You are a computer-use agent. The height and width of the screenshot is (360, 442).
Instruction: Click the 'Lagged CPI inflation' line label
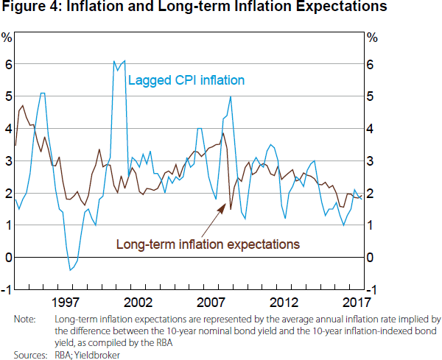(186, 80)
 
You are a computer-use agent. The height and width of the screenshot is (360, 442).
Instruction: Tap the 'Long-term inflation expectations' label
(208, 242)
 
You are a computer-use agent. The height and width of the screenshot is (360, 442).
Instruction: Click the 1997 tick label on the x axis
(66, 303)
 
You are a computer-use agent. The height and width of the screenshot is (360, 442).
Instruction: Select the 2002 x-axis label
(138, 303)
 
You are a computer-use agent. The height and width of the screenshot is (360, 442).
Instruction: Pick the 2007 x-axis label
(211, 303)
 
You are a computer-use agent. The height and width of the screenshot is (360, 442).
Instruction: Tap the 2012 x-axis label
(284, 303)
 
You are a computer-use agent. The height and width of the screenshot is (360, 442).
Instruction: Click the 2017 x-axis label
(356, 303)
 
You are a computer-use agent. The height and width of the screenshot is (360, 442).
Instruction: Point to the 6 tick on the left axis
(8, 64)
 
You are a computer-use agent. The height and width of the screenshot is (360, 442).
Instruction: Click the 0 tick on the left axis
(8, 257)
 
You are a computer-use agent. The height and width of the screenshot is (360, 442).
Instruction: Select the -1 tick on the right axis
(373, 289)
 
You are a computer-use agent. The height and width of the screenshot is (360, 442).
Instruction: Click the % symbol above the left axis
(7, 37)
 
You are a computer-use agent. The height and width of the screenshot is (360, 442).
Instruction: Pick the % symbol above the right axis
(371, 37)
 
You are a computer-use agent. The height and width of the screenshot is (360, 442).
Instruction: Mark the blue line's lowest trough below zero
(70, 270)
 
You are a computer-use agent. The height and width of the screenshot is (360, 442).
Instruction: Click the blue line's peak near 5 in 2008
(231, 97)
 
